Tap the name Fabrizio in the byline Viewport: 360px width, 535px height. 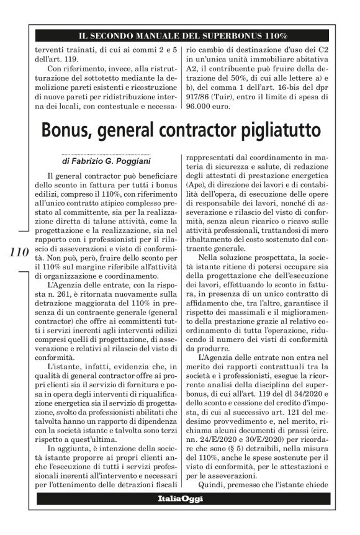point(89,162)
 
